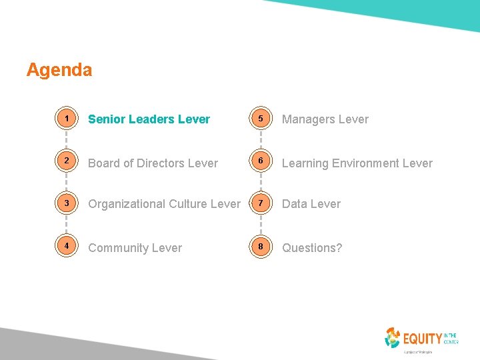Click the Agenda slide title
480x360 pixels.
[59, 70]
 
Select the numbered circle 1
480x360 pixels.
[67, 119]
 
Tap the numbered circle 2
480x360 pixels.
[67, 163]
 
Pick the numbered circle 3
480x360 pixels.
[67, 203]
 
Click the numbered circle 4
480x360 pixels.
[67, 247]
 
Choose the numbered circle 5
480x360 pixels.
[261, 119]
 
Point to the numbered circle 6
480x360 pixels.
[261, 163]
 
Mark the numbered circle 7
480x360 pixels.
[261, 203]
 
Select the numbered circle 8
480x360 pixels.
[261, 247]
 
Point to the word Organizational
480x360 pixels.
[125, 204]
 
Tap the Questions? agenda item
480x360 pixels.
[312, 248]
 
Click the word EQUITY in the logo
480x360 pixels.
[422, 339]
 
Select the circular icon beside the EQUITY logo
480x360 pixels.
[393, 338]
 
